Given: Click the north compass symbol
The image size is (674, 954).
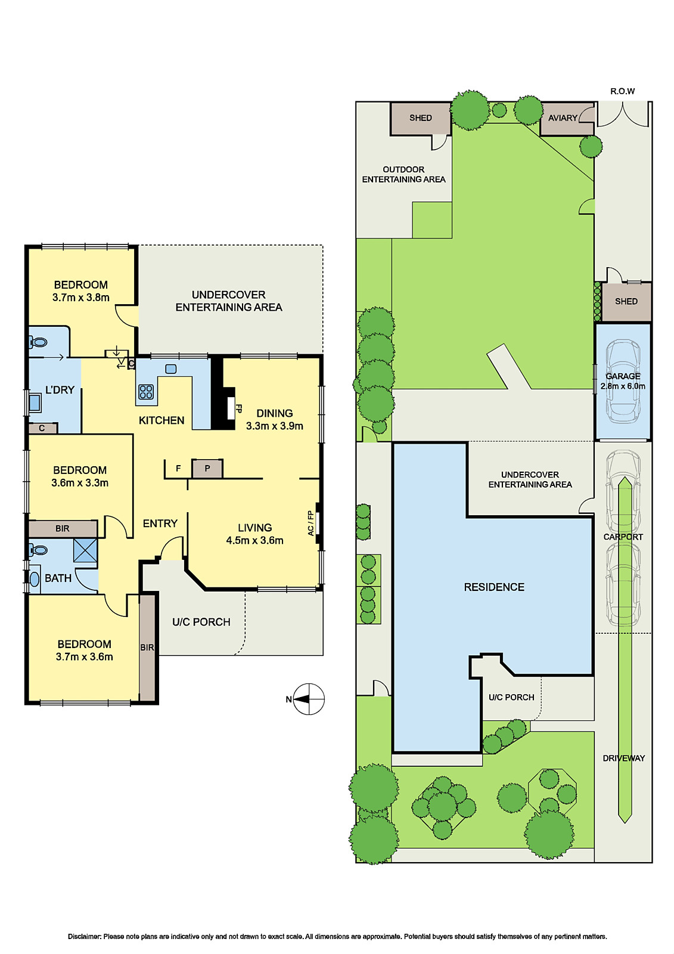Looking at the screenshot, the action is tap(309, 699).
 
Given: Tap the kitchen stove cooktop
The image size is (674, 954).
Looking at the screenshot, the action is tap(146, 391).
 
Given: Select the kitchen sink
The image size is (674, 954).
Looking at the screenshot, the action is tap(171, 369).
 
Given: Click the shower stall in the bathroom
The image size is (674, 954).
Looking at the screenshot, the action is tap(85, 551).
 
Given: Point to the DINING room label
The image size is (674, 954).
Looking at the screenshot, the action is tap(275, 413).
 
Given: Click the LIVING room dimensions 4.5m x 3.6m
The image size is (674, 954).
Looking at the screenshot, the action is tap(254, 540).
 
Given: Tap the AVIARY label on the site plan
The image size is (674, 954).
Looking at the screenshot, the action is tap(563, 118).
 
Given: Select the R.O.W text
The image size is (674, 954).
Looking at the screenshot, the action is tap(623, 91).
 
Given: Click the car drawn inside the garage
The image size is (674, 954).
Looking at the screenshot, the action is tap(623, 382).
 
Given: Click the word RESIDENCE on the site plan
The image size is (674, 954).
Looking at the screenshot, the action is tap(494, 587).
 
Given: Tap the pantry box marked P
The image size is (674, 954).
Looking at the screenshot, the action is tap(207, 469).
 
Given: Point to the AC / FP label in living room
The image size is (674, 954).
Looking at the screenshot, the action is tap(311, 524).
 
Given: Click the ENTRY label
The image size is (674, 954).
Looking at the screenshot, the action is tap(160, 524).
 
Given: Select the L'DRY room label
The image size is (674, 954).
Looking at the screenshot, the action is tap(60, 390).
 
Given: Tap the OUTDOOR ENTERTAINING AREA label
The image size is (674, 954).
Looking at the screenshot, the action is tap(403, 175).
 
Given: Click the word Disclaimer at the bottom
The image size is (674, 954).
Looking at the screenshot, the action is tap(85, 936).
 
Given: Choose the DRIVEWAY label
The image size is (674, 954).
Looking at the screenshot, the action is tap(624, 758).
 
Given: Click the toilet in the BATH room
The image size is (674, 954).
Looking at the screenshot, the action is tap(38, 551).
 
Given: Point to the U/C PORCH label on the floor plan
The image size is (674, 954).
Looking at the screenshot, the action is tap(201, 622).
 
